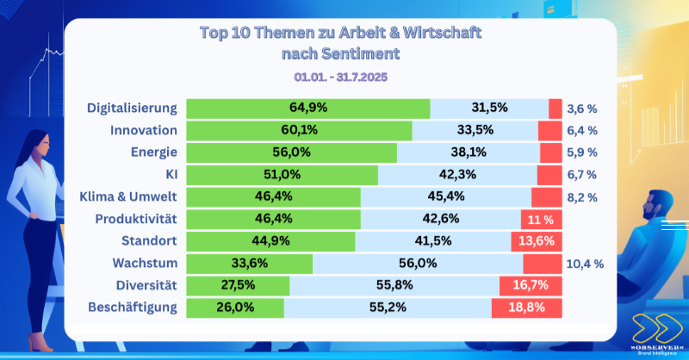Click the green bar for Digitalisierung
click(x=307, y=109)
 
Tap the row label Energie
click(x=155, y=152)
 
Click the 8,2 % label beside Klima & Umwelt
click(x=581, y=197)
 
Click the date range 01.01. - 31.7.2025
click(x=341, y=76)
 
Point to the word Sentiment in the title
click(x=363, y=54)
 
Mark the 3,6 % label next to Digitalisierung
click(x=581, y=109)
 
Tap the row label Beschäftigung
click(x=133, y=307)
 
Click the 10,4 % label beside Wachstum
click(x=585, y=264)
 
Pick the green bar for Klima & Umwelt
click(x=273, y=197)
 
